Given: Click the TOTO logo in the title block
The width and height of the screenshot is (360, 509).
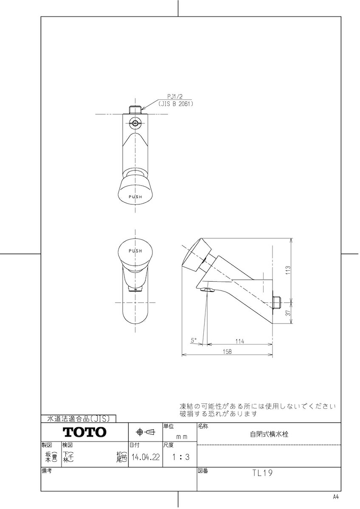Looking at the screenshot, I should (x=84, y=432).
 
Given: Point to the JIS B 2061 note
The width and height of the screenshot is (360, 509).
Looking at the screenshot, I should (x=175, y=103).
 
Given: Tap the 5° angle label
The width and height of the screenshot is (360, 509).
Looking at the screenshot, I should (x=193, y=340).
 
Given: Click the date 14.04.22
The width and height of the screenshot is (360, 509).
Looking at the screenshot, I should (x=145, y=457).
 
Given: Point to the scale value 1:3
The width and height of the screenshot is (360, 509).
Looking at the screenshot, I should (x=180, y=457).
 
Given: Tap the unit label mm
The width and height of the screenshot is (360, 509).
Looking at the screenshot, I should (x=182, y=436).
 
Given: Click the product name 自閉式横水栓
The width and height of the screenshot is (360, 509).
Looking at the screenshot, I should (x=269, y=434).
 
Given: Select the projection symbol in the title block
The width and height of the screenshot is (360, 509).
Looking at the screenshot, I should (x=145, y=432).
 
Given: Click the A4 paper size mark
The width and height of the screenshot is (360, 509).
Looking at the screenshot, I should (x=336, y=497).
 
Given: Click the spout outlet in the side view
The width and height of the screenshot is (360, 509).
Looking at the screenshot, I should (x=208, y=290).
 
